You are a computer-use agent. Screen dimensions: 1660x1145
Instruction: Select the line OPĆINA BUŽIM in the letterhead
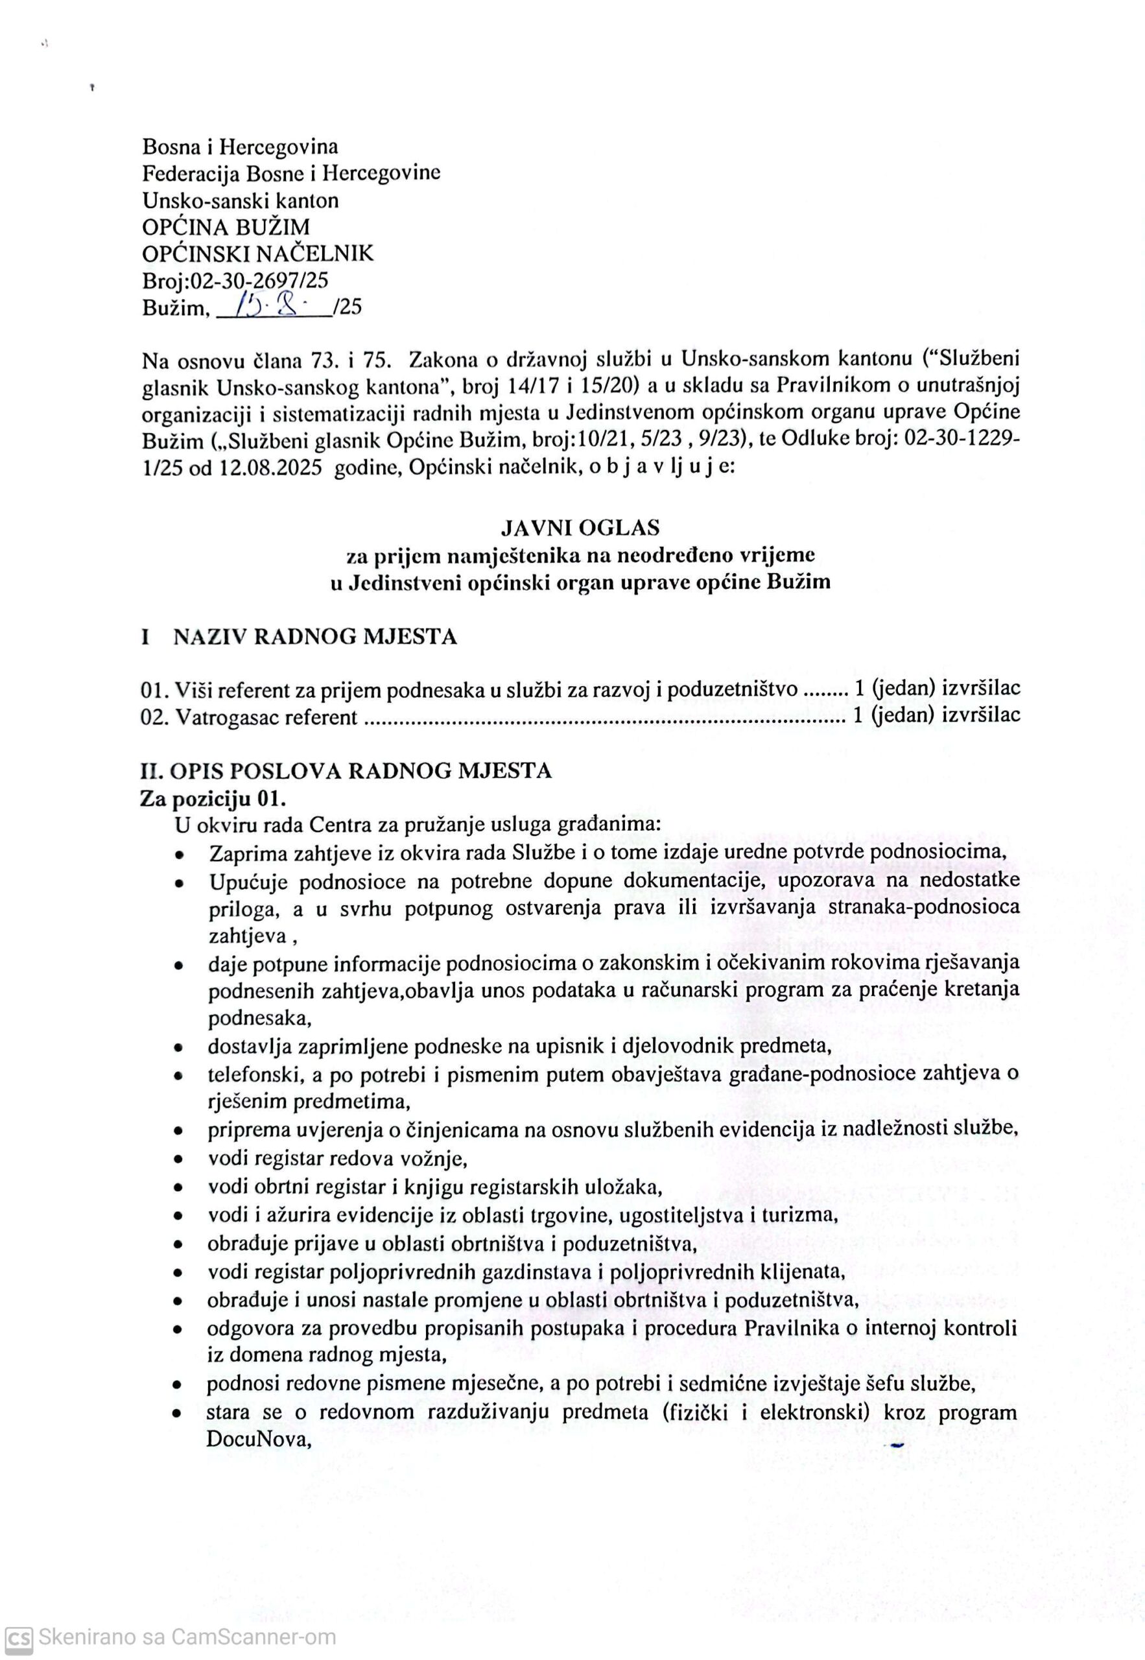coord(226,228)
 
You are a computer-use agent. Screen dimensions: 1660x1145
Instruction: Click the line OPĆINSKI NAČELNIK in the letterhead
coord(257,254)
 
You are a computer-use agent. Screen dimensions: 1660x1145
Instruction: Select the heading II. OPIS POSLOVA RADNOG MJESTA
coord(346,770)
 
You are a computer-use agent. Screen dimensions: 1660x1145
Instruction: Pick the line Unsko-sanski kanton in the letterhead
coord(241,200)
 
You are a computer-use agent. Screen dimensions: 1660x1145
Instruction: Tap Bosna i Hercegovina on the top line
coord(241,147)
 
